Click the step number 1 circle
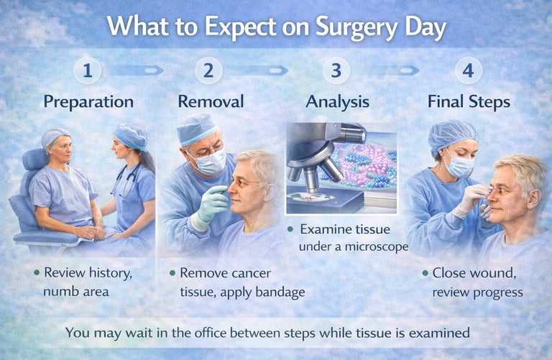pos(88,71)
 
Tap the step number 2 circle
pos(208,71)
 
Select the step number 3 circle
pos(336,71)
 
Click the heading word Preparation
pos(88,102)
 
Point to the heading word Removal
pos(211,102)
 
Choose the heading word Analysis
pos(337,102)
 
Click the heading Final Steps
pos(469,102)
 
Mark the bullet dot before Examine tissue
pos(290,229)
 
